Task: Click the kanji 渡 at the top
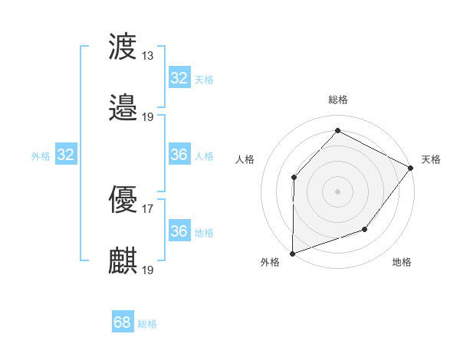123,47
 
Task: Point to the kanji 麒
123,260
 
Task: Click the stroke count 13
148,55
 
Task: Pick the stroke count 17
148,208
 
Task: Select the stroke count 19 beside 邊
148,116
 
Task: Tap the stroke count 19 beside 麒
148,270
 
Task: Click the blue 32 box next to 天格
179,78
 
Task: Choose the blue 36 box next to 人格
179,155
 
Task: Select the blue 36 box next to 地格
179,231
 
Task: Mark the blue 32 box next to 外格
65,155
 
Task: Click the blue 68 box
123,323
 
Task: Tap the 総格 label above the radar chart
338,100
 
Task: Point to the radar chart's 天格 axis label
431,159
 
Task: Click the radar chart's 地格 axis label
402,263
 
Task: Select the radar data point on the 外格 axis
292,253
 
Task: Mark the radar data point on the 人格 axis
294,178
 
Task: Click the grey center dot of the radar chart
337,191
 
